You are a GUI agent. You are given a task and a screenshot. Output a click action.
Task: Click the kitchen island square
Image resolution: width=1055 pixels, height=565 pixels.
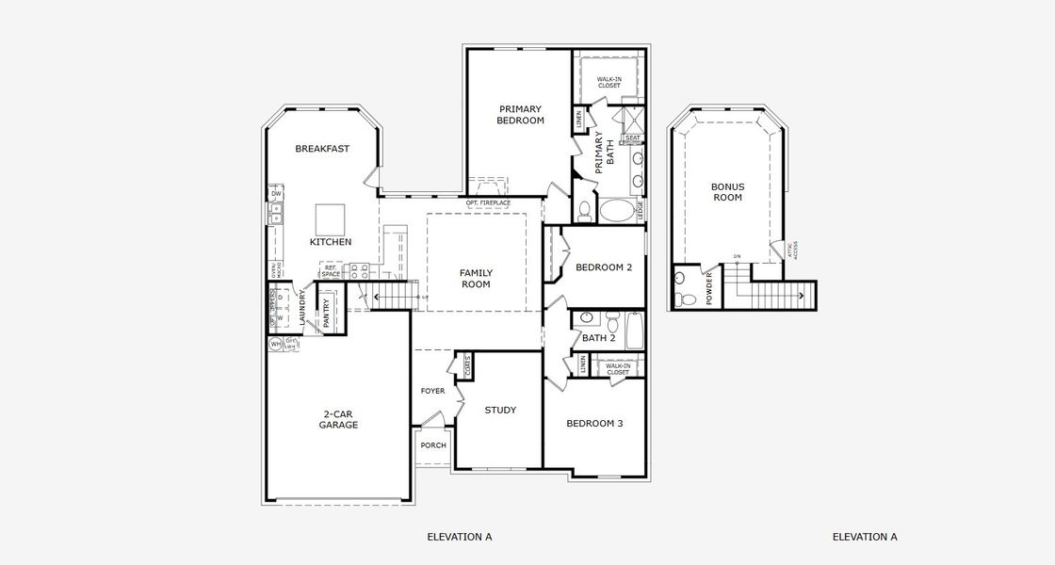click(x=331, y=218)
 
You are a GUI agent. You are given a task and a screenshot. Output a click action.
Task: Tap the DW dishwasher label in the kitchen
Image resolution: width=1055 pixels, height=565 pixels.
click(x=276, y=195)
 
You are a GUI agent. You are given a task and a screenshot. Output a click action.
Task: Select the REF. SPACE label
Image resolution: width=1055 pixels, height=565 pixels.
click(x=331, y=271)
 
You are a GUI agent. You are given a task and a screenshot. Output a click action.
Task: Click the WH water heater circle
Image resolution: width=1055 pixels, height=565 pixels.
click(x=276, y=345)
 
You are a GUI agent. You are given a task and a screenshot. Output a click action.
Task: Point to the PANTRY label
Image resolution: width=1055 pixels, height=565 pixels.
click(x=326, y=314)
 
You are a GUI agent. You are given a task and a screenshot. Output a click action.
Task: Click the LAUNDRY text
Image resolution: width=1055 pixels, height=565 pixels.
click(x=302, y=308)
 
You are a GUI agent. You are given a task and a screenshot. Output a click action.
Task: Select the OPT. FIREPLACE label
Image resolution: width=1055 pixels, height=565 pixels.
click(x=488, y=203)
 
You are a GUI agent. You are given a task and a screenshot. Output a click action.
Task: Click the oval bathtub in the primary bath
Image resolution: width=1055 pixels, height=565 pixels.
click(x=618, y=210)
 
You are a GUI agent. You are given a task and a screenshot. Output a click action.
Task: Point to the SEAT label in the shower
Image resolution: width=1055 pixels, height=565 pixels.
click(x=633, y=138)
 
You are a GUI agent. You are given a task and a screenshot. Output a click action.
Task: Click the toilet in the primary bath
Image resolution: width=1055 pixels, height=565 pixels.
click(x=585, y=210)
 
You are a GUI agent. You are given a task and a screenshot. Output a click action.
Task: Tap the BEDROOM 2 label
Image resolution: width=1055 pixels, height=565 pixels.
click(x=604, y=267)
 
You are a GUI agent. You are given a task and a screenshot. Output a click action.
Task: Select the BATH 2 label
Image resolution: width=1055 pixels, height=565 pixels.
click(x=598, y=338)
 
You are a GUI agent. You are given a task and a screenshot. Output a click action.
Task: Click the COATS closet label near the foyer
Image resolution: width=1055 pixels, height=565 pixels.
click(x=467, y=365)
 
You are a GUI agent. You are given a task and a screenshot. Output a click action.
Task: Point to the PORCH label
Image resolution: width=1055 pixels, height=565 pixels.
click(x=433, y=445)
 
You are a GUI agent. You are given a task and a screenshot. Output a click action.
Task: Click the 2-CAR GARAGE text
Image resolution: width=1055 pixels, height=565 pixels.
click(x=338, y=419)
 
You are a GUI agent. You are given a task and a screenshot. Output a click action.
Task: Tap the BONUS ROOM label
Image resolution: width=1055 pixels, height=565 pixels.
click(x=727, y=192)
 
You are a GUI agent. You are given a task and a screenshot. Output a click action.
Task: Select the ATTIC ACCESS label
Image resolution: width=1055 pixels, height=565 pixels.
click(x=794, y=250)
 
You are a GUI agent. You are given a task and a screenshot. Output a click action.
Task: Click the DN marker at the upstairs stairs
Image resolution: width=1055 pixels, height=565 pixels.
click(x=738, y=256)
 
